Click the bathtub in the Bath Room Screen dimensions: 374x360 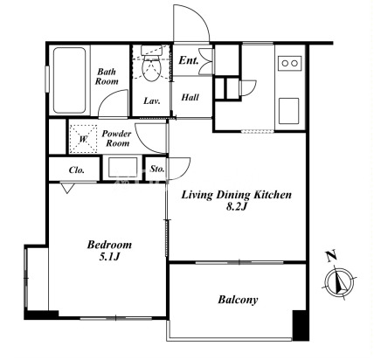(x=70, y=80)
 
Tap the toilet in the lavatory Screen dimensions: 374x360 (x=151, y=64)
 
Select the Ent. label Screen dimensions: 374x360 (x=189, y=60)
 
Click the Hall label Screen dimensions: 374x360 (x=190, y=97)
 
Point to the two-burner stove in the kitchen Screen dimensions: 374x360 (x=290, y=63)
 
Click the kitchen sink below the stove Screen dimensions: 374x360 (x=288, y=111)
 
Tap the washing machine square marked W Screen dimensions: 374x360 (x=84, y=139)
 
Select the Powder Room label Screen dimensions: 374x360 (x=116, y=138)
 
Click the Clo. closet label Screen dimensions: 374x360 (x=77, y=170)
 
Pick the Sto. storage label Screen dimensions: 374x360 (x=157, y=169)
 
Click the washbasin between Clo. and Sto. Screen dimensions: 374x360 (x=122, y=168)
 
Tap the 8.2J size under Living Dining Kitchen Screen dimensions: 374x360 (x=237, y=206)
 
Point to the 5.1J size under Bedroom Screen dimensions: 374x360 (x=110, y=257)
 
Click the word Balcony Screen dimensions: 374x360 (x=238, y=300)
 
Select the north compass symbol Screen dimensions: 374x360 (x=339, y=282)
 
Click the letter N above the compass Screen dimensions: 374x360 (x=331, y=255)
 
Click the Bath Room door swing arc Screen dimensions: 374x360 (x=111, y=99)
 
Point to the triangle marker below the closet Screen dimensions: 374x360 (x=67, y=188)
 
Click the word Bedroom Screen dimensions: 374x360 (x=109, y=245)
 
